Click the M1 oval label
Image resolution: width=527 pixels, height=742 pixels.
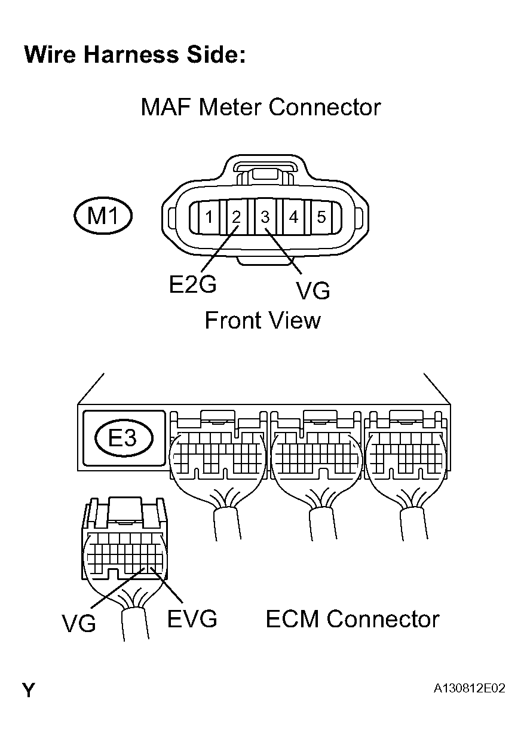pos(103,216)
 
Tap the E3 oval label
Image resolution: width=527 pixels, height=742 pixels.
pos(124,439)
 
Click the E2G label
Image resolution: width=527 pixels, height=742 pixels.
pos(192,285)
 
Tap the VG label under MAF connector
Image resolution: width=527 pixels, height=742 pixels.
pos(312,291)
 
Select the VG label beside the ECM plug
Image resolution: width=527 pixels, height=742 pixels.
pos(79,624)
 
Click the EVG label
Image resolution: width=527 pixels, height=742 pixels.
pos(192,619)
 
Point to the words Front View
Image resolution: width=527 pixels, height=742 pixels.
pos(262,321)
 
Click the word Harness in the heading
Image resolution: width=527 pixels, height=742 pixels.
pos(130,54)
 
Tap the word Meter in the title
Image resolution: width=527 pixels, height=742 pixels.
pos(231,108)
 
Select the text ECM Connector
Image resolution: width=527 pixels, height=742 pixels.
pos(352,619)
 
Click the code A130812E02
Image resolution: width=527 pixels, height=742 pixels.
pos(470,689)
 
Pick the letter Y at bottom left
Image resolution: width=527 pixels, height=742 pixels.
pos(29,691)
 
